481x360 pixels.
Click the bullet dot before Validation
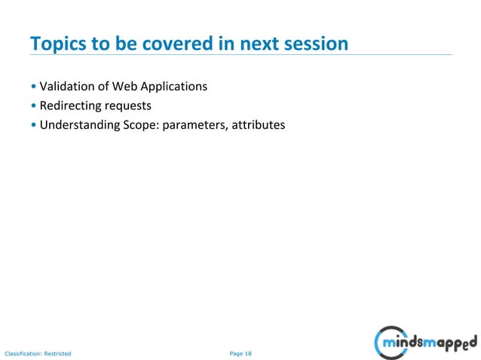(33, 87)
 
